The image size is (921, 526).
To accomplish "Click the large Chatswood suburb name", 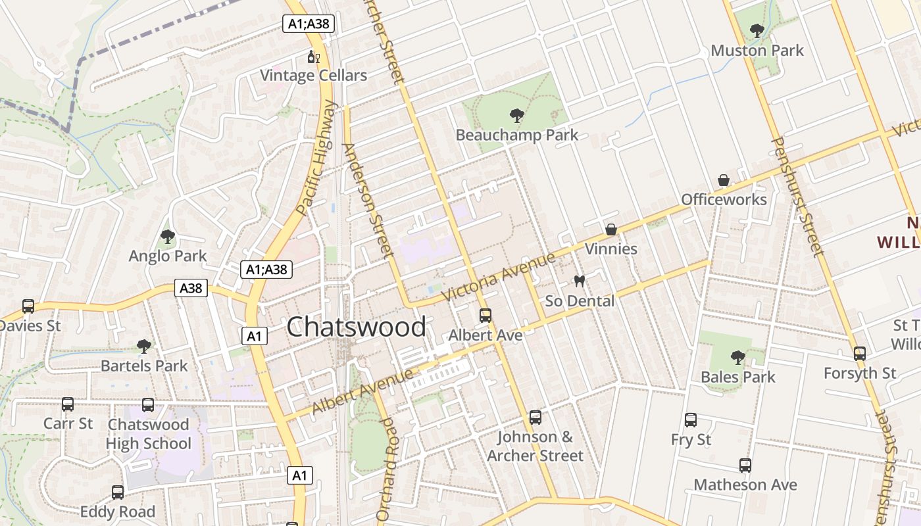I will click(356, 327).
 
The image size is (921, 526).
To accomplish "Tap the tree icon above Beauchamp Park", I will click(517, 116).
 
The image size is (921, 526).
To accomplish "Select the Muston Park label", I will click(757, 51).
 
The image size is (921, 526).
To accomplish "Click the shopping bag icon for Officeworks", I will click(724, 180).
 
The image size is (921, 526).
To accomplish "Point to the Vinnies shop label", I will click(611, 249).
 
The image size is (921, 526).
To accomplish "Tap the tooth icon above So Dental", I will click(580, 281).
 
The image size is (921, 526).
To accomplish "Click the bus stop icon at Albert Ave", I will click(485, 316).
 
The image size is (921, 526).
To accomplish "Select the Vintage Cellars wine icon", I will click(314, 57).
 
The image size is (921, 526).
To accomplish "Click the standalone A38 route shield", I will click(191, 288).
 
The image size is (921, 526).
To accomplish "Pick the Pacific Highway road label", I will click(316, 158).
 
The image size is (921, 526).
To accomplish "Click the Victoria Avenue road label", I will click(499, 276).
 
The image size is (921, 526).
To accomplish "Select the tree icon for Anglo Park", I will click(168, 237).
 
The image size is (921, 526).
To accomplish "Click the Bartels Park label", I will click(144, 366).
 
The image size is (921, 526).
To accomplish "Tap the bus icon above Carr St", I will click(68, 404).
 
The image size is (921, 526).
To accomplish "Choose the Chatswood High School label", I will click(149, 434).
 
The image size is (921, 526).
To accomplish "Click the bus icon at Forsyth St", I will click(859, 354).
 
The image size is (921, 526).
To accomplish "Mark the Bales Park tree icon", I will click(738, 358).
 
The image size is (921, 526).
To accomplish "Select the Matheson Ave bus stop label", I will click(745, 485).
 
